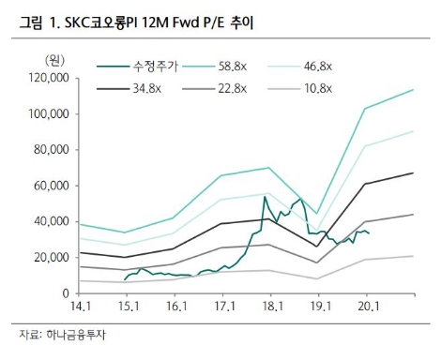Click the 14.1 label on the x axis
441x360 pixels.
79,307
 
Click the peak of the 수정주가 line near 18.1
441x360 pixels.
266,198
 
